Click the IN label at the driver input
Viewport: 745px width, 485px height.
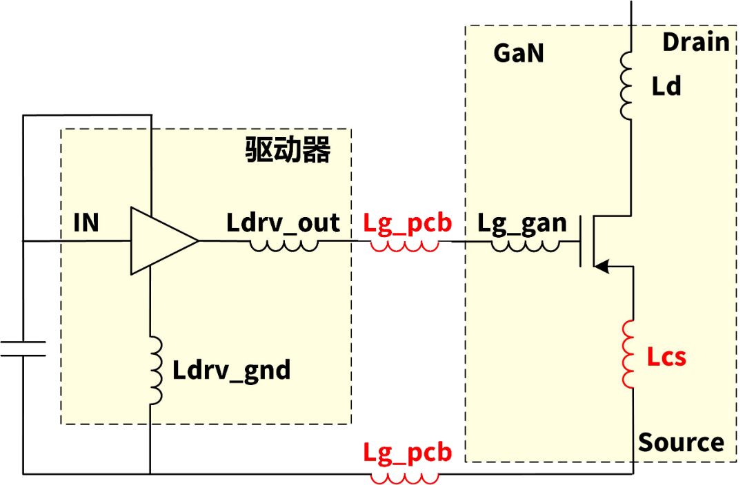(x=86, y=223)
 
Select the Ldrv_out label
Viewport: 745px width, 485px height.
(x=283, y=223)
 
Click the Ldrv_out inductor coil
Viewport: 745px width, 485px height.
(x=284, y=244)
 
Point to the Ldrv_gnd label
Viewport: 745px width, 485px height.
(x=231, y=371)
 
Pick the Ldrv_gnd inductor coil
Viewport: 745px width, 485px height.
(x=155, y=369)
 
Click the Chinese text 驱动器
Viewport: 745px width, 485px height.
(x=288, y=150)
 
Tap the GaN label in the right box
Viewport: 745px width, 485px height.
(x=519, y=53)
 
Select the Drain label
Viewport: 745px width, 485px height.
(x=695, y=42)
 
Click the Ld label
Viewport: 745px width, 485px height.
(x=666, y=86)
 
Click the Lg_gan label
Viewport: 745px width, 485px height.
(x=522, y=223)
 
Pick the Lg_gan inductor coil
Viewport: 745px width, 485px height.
(x=525, y=245)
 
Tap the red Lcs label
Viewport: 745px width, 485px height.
(x=666, y=357)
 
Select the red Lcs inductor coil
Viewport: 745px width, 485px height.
(x=628, y=354)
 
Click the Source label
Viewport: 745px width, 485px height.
(x=681, y=442)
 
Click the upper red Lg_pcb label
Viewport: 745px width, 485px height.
(x=407, y=223)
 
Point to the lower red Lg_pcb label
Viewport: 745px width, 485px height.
(x=407, y=452)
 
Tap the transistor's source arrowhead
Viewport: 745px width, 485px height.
(x=603, y=266)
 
